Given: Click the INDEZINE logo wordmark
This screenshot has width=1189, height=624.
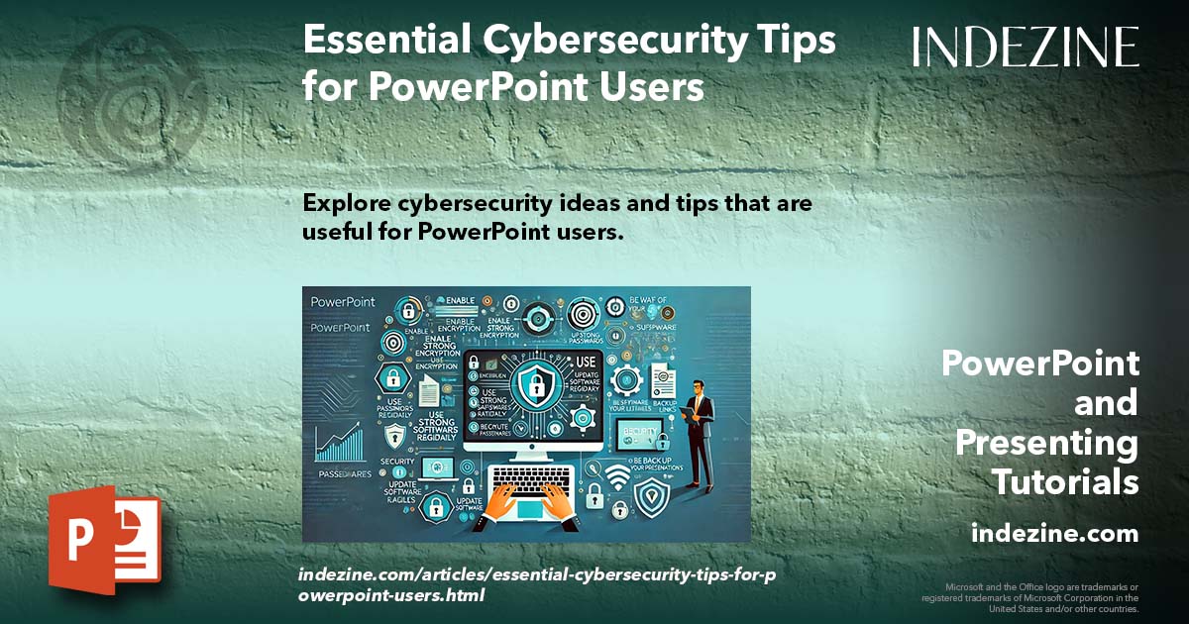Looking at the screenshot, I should [1026, 47].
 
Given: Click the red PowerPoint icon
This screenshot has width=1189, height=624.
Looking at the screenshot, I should [104, 540].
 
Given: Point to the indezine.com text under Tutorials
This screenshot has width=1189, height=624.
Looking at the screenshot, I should [1054, 534].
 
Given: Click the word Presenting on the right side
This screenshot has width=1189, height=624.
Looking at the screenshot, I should [1047, 443].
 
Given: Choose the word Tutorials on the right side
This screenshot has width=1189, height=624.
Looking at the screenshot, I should [1065, 482].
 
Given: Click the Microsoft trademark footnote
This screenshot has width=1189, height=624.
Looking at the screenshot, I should [1030, 597].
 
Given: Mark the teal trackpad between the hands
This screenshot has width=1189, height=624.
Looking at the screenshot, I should [531, 510].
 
